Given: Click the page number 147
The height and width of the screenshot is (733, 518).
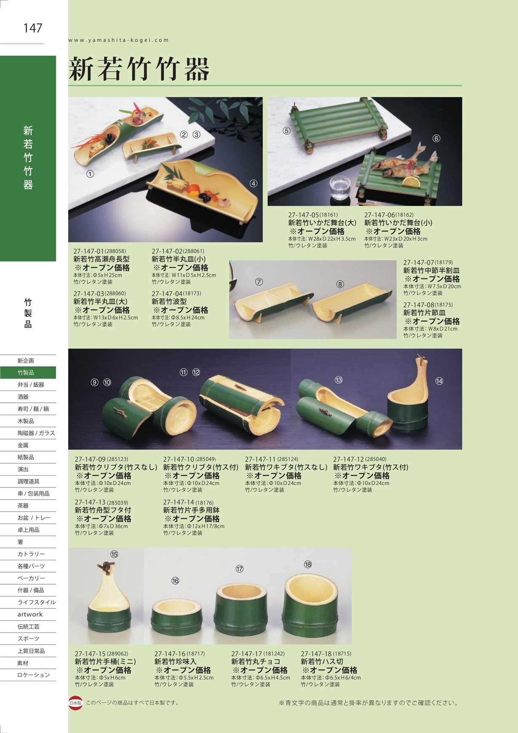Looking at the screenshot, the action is click(33, 28).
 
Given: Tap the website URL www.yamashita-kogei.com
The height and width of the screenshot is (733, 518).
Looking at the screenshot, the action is click(118, 40).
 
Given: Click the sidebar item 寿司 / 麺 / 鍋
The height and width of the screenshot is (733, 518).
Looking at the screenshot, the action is click(34, 409).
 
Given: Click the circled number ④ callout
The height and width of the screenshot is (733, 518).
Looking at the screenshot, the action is click(254, 183).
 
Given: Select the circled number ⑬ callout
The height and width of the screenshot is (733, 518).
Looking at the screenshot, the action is click(339, 380).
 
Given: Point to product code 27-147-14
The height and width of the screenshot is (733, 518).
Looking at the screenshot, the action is click(179, 503).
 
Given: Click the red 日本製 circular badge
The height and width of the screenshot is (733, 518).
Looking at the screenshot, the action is click(75, 703).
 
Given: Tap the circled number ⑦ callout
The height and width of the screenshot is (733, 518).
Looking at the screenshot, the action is click(259, 282).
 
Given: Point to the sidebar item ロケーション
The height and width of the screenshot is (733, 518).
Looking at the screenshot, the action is click(34, 675).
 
